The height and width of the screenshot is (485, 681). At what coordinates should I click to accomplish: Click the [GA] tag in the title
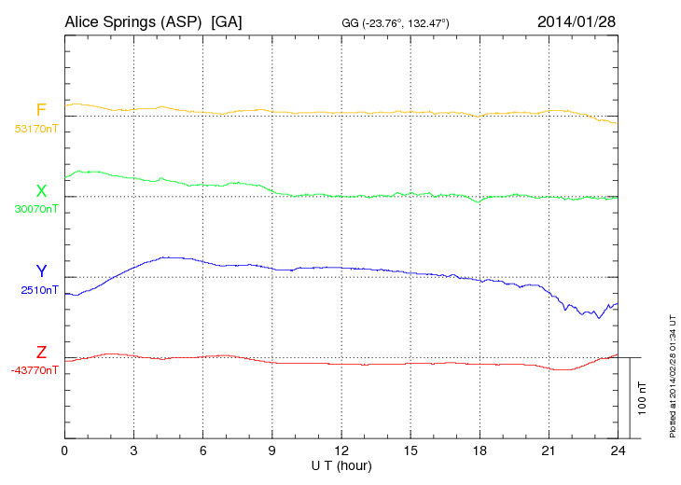coord(227,21)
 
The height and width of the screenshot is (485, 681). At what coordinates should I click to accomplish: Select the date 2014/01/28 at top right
coord(577,21)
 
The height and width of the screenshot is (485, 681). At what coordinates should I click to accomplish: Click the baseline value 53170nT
coord(36,129)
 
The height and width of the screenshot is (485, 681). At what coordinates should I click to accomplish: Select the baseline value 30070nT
coord(36,209)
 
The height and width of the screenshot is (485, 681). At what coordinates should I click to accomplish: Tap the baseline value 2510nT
coord(39,290)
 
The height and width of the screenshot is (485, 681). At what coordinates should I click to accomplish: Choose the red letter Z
coord(41,353)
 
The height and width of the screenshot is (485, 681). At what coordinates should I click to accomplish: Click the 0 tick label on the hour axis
coord(64,450)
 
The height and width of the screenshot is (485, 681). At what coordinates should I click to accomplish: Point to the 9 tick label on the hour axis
coord(272,450)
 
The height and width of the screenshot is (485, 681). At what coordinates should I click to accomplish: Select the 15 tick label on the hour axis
coord(410,450)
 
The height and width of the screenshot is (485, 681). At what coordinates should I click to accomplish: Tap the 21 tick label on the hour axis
coord(549,450)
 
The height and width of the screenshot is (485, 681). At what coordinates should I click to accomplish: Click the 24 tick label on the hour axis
coord(618,450)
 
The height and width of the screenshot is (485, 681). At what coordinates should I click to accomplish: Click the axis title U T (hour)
coord(341,464)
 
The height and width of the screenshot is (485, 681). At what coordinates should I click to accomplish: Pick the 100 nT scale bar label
coord(643,397)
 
